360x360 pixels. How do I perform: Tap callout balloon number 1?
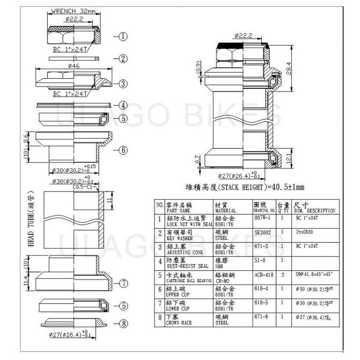123,36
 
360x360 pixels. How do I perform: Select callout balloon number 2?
123,59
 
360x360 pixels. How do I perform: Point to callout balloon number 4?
123,105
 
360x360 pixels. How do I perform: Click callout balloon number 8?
123,323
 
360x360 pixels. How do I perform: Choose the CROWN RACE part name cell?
178,322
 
